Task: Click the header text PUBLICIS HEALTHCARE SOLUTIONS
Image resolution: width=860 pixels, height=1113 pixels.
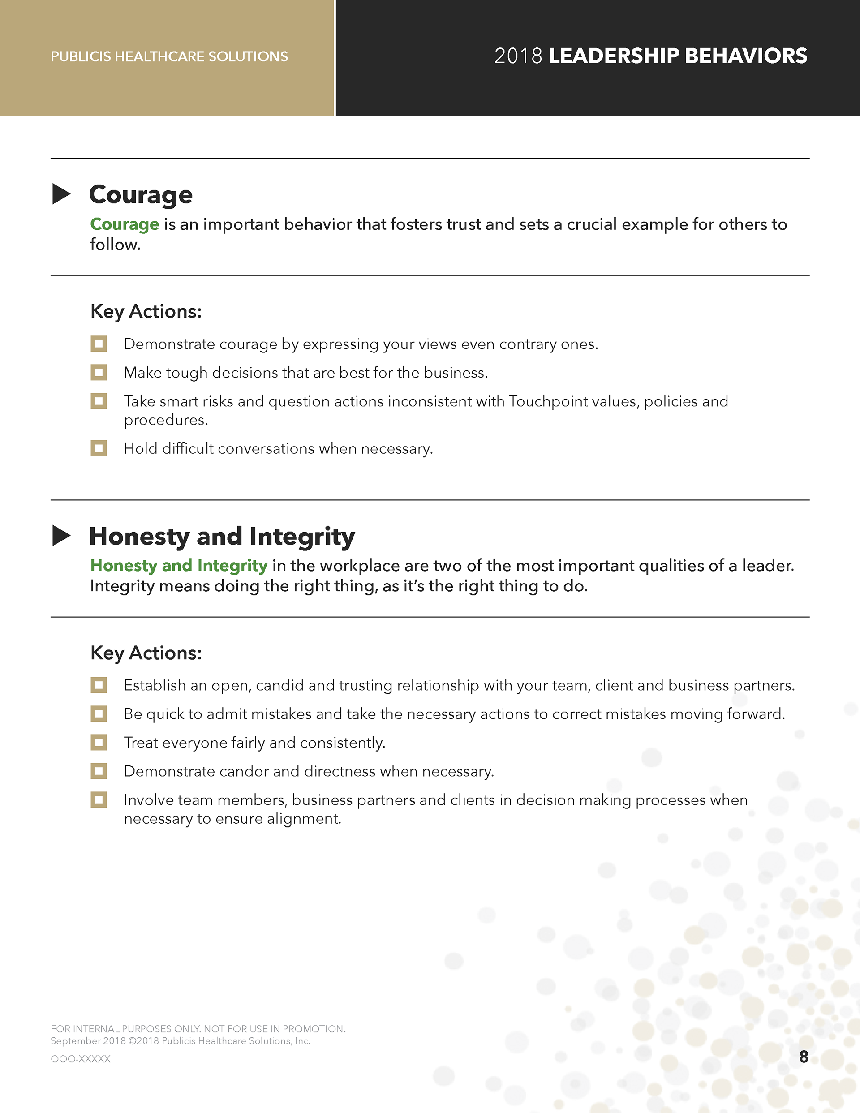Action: tap(169, 56)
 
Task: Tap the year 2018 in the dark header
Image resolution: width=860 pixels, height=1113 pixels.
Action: tap(518, 56)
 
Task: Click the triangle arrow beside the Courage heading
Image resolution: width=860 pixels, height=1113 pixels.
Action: tap(61, 194)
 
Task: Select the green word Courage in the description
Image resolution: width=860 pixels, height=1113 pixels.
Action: tap(125, 224)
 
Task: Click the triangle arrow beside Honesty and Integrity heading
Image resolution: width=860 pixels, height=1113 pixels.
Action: tap(61, 536)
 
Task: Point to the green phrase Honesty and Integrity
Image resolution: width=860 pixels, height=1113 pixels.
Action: tap(178, 566)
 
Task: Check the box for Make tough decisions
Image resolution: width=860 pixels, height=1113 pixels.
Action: tap(99, 373)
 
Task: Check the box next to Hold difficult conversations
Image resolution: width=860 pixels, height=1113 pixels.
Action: tap(99, 448)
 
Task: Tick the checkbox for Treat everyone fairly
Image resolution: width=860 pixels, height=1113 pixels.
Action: tap(99, 743)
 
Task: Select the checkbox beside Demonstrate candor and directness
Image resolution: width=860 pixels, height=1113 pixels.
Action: tap(99, 771)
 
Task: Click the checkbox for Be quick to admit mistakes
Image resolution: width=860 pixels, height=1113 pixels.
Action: tap(99, 714)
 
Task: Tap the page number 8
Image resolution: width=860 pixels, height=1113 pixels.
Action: tap(804, 1057)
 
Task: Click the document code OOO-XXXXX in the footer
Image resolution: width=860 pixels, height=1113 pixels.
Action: tap(81, 1059)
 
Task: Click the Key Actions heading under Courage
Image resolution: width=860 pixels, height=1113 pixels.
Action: tap(146, 311)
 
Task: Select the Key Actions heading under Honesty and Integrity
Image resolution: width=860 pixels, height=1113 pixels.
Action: tap(146, 653)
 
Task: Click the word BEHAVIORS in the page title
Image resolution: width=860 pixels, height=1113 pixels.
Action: tap(746, 56)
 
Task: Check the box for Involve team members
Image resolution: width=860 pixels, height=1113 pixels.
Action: tap(99, 799)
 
